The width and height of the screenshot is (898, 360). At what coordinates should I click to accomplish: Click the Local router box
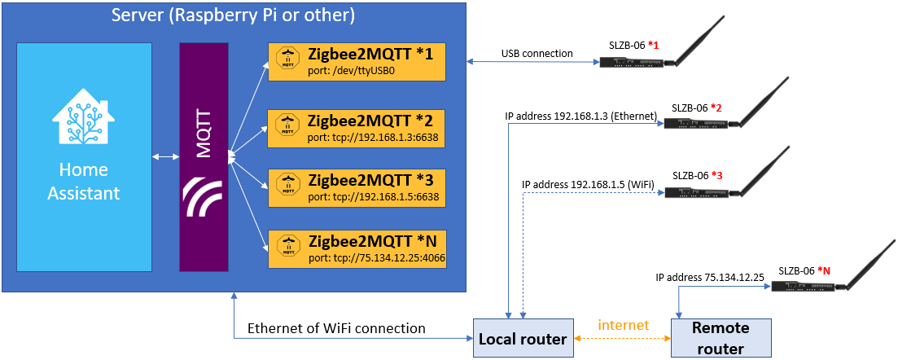[523, 338]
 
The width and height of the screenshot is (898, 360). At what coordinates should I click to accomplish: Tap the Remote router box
[721, 338]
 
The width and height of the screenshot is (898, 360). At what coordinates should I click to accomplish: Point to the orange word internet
[623, 326]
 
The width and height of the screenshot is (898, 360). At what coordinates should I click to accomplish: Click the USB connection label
[537, 53]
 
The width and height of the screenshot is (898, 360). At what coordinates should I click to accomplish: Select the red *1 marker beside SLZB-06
[653, 46]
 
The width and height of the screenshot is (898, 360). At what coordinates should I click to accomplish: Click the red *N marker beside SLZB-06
[824, 270]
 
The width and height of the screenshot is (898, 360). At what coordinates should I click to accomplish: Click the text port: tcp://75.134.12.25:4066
[376, 258]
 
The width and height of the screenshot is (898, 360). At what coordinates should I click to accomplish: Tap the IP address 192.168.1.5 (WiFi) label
[589, 185]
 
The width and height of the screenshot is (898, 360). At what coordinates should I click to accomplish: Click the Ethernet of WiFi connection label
[337, 328]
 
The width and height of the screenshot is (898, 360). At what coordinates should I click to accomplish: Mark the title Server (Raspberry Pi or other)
[233, 15]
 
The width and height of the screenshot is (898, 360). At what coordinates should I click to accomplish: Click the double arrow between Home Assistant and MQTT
[166, 156]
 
